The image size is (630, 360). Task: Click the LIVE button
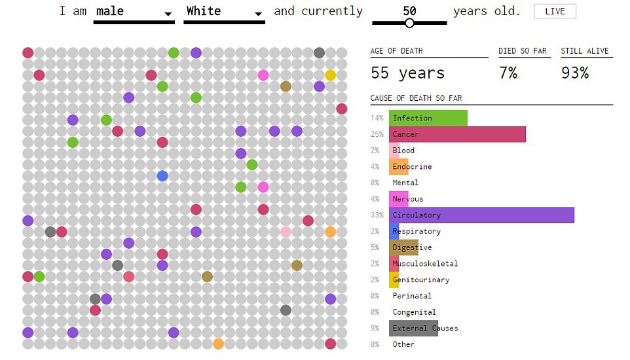pyautogui.click(x=555, y=11)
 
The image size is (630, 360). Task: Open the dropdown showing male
pyautogui.click(x=134, y=12)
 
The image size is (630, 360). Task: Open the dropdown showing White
pyautogui.click(x=224, y=12)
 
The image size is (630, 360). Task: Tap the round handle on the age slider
pyautogui.click(x=409, y=23)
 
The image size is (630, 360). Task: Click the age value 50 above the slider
pyautogui.click(x=409, y=10)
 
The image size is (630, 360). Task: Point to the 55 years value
pyautogui.click(x=407, y=73)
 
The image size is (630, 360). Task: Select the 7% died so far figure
pyautogui.click(x=508, y=73)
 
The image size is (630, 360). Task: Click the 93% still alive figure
pyautogui.click(x=574, y=73)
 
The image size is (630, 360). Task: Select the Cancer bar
pyautogui.click(x=457, y=134)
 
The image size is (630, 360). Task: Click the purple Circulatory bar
pyautogui.click(x=481, y=215)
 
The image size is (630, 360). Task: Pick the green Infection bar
pyautogui.click(x=428, y=118)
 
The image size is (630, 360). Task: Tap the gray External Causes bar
pyautogui.click(x=413, y=328)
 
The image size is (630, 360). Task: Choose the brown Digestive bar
pyautogui.click(x=403, y=247)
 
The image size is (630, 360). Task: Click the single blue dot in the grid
pyautogui.click(x=162, y=175)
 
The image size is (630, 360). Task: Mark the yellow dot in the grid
pyautogui.click(x=330, y=75)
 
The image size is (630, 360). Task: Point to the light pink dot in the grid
pyautogui.click(x=286, y=232)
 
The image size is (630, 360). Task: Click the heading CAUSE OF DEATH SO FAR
pyautogui.click(x=416, y=98)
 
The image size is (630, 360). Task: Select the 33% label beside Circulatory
pyautogui.click(x=377, y=215)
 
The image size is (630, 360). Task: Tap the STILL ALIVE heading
pyautogui.click(x=585, y=51)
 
